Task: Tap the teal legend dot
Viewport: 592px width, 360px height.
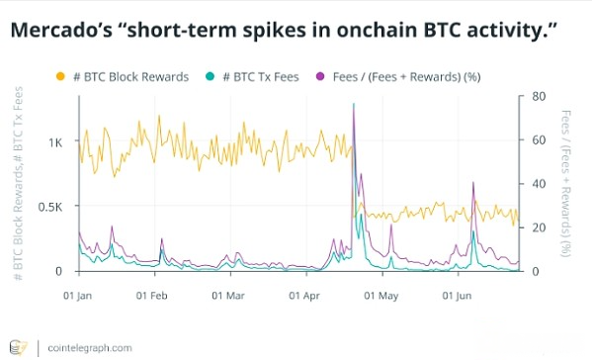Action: tap(209, 76)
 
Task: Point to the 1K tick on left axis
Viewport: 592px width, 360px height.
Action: tap(56, 141)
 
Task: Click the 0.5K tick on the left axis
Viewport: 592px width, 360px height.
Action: tap(50, 207)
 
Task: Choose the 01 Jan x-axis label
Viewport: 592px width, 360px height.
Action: tap(78, 295)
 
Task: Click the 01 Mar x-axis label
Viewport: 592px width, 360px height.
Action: tap(228, 295)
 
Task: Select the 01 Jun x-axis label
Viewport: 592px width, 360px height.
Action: tap(458, 295)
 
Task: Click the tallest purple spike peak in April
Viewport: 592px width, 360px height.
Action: tap(353, 105)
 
